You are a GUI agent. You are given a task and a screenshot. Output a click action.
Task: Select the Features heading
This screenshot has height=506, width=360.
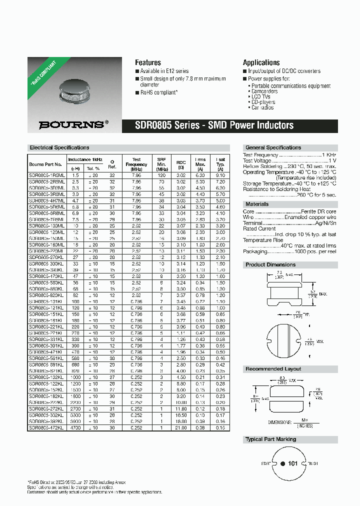(x=148, y=62)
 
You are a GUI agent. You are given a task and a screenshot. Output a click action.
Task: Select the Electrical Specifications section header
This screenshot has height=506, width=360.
(x=59, y=147)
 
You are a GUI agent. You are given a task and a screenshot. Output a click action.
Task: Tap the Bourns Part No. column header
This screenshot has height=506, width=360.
(x=45, y=164)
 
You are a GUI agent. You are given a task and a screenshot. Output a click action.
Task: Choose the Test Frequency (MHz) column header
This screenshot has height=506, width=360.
(x=136, y=164)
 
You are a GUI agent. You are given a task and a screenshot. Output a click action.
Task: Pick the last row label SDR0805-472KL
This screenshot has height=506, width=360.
(x=46, y=428)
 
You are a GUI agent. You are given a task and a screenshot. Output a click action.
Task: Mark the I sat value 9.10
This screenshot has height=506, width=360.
(x=220, y=175)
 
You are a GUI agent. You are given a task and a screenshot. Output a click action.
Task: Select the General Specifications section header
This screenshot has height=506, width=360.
(x=273, y=147)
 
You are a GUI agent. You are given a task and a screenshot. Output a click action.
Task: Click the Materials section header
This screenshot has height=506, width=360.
(x=257, y=204)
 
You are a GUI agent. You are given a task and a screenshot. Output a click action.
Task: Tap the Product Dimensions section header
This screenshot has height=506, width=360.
(x=270, y=264)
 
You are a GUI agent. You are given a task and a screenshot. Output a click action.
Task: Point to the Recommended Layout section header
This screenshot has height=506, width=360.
(x=273, y=369)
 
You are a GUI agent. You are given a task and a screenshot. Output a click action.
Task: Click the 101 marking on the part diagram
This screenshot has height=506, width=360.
(x=293, y=463)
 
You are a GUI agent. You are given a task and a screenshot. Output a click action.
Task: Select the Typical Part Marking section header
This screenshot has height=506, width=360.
(x=270, y=439)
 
